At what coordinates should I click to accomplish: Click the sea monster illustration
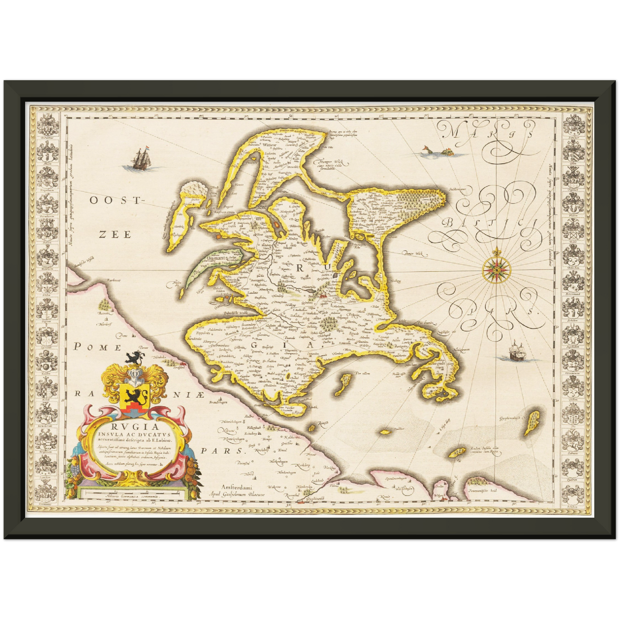pyautogui.click(x=437, y=151)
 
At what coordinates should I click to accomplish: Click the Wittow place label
pyautogui.click(x=269, y=145)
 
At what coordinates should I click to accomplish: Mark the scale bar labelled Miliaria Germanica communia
pyautogui.click(x=133, y=496)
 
